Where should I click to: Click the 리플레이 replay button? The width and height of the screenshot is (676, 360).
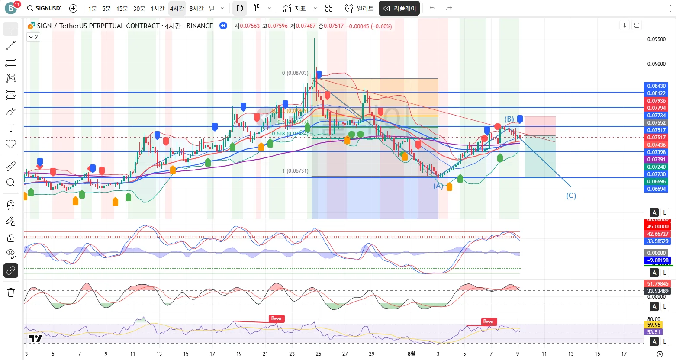[399, 8]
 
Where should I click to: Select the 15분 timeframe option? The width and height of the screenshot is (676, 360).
[122, 8]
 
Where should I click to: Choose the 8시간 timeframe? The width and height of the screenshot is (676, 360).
[196, 8]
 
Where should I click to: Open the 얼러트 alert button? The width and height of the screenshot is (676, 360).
[359, 8]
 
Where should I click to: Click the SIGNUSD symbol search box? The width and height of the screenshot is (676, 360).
[44, 8]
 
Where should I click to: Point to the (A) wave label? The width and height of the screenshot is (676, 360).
[438, 186]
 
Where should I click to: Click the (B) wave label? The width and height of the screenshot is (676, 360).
[509, 119]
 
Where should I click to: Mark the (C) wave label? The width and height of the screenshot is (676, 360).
[571, 196]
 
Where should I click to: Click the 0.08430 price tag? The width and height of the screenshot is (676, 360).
[656, 86]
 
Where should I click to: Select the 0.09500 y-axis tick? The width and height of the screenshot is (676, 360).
[656, 39]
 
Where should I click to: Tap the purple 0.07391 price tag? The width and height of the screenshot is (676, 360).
[656, 160]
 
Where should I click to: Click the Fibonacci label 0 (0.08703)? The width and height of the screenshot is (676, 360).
[295, 73]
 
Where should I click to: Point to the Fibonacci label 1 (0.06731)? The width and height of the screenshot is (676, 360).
[295, 171]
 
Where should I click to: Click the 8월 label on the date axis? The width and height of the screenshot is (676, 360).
[411, 354]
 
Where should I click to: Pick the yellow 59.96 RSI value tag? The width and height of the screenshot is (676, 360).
[653, 325]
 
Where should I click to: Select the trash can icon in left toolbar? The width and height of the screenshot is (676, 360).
[11, 292]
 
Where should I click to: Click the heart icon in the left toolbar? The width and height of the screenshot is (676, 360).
[11, 144]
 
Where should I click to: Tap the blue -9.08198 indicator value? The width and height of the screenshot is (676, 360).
[657, 260]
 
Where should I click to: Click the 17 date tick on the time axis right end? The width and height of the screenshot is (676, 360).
[624, 354]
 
